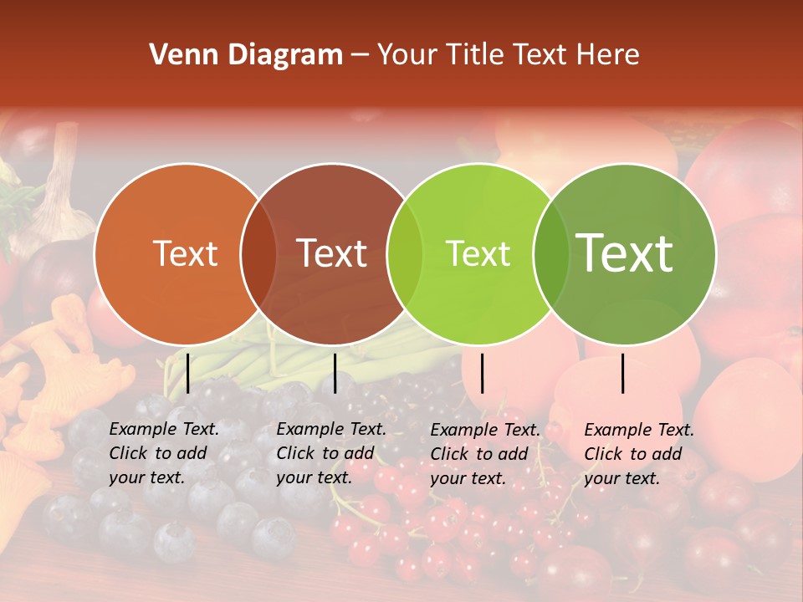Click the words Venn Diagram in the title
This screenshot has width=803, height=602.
tap(246, 55)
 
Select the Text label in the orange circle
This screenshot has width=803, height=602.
tap(186, 253)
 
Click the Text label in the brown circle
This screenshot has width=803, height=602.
tap(332, 253)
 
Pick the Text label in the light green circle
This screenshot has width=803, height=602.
tap(478, 253)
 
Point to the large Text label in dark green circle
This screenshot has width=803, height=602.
tap(625, 253)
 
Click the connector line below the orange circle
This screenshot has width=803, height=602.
tap(187, 373)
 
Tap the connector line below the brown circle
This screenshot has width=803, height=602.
tap(335, 373)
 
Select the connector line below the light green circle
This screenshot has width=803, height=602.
tap(482, 373)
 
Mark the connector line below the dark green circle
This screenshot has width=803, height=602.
tap(623, 373)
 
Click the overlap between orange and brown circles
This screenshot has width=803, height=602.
tap(258, 253)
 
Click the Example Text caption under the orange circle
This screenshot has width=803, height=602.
tap(163, 453)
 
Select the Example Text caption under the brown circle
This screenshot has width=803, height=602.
tap(330, 453)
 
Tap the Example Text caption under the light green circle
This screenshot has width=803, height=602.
tap(484, 454)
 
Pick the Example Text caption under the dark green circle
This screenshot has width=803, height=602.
tap(638, 454)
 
